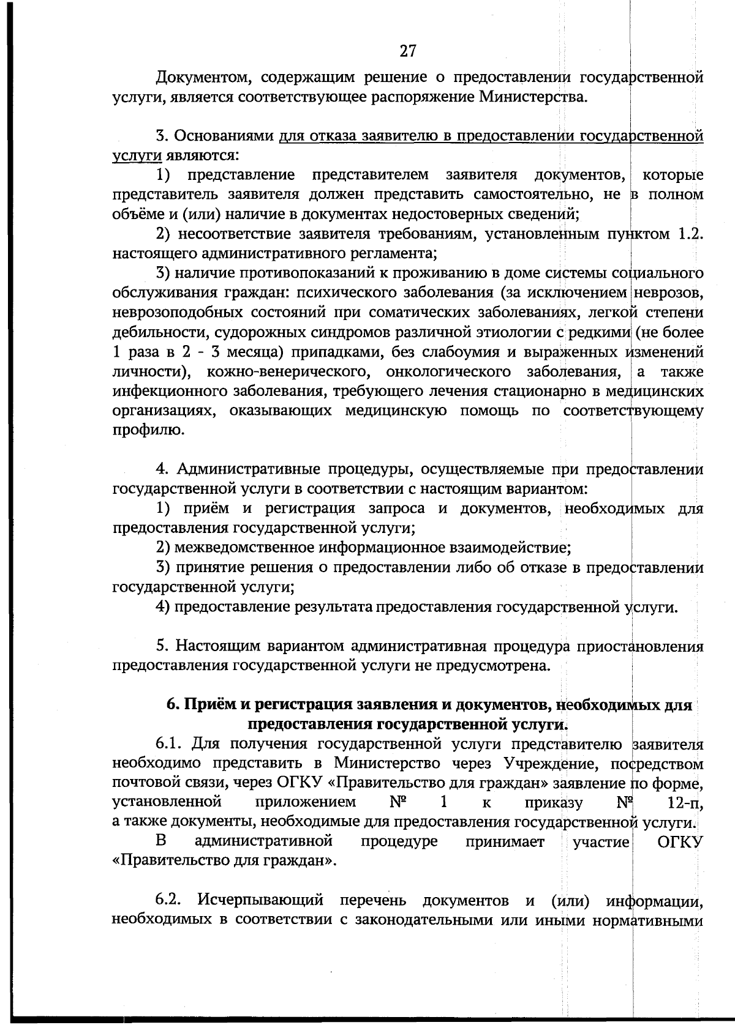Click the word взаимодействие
(x=512, y=548)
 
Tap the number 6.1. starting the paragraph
(x=168, y=745)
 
